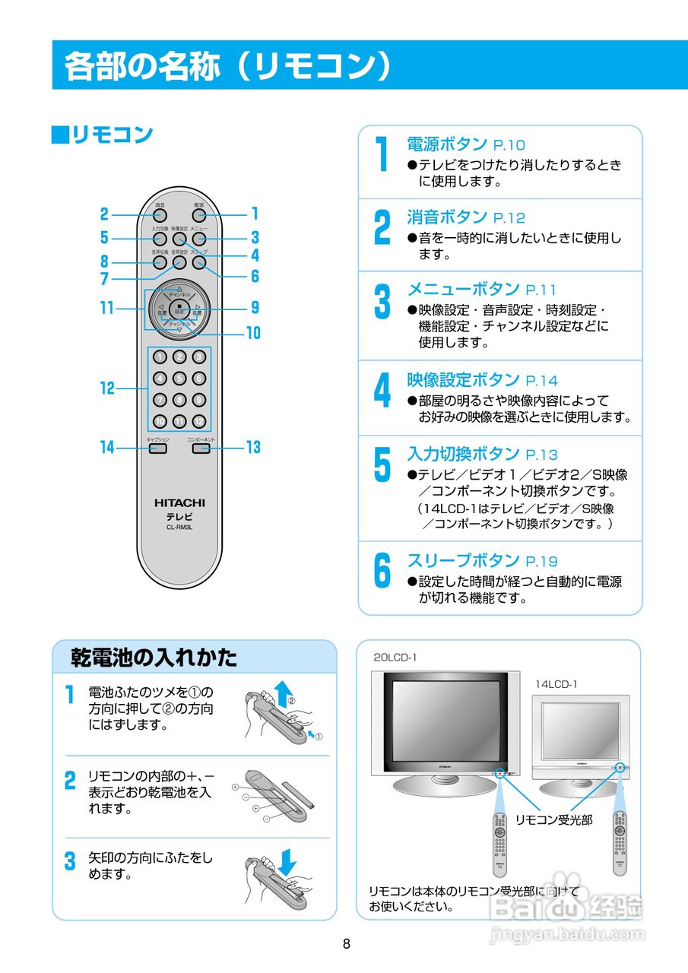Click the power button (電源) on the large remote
pos(199,215)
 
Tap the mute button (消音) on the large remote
pos(160,215)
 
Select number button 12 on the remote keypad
pos(198,421)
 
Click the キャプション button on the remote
pos(157,448)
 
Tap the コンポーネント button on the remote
pos(201,448)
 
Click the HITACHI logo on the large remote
pos(179,502)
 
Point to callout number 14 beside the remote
pos(107,448)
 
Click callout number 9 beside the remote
pos(255,308)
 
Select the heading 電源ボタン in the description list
pos(447,144)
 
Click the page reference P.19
pos(541,562)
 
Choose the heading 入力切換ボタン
pos(463,454)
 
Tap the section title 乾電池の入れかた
pos(154,657)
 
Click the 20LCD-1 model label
pos(395,658)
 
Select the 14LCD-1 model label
pos(556,684)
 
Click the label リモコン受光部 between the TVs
pos(553,819)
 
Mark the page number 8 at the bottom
pos(346,944)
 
